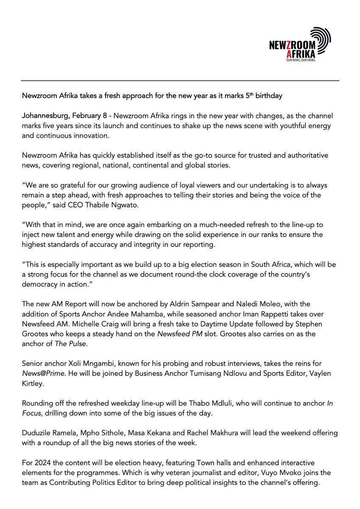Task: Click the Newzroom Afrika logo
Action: click(299, 45)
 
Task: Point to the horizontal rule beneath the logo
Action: click(180, 81)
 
